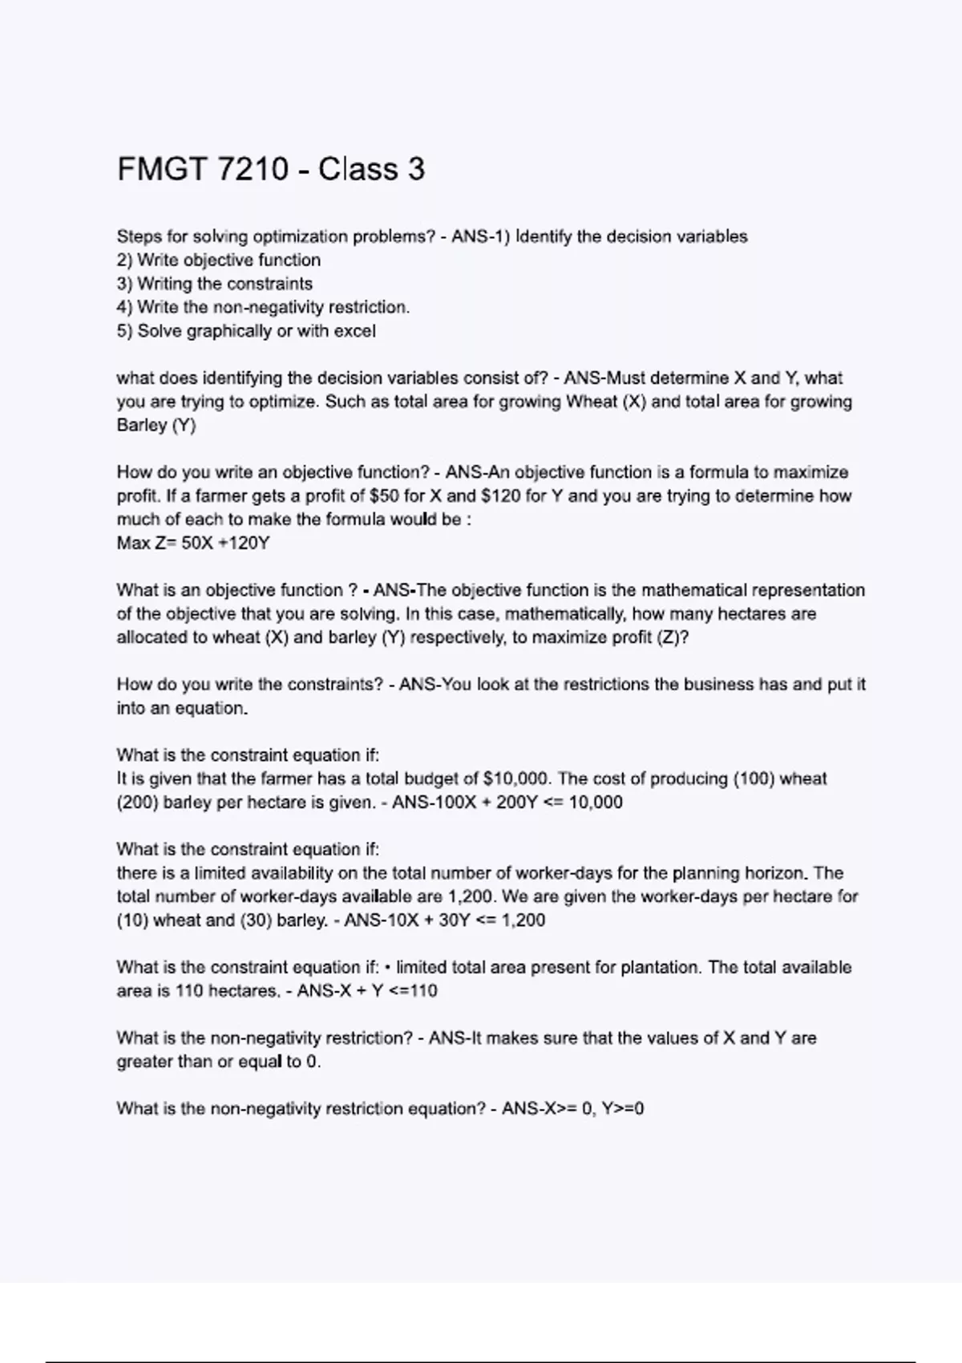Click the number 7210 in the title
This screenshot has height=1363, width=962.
[x=253, y=170]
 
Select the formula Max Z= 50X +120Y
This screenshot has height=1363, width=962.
[x=193, y=544]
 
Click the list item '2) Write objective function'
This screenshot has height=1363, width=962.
[x=219, y=261]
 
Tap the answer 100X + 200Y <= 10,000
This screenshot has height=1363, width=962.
[x=507, y=803]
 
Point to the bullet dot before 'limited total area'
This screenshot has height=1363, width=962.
[x=388, y=968]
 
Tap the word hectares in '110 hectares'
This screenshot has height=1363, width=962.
[x=242, y=991]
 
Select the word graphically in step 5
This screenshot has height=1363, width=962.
[x=229, y=331]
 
